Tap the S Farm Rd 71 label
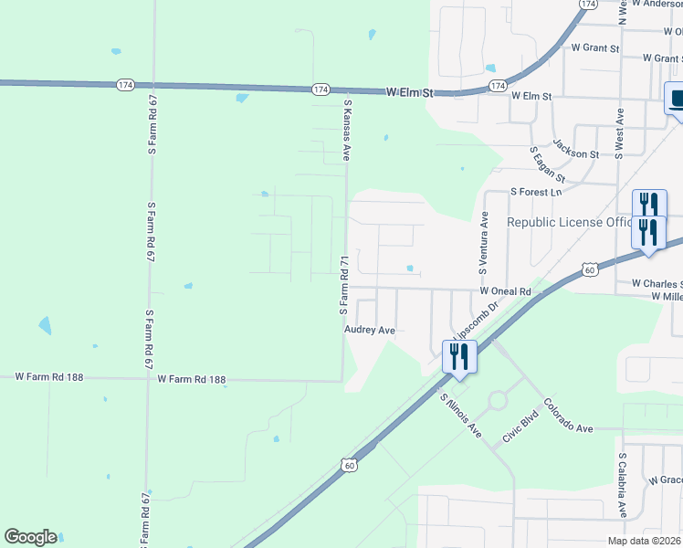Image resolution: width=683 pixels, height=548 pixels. pyautogui.click(x=344, y=286)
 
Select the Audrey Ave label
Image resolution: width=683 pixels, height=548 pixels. pyautogui.click(x=369, y=330)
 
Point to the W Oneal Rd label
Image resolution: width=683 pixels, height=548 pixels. pyautogui.click(x=506, y=290)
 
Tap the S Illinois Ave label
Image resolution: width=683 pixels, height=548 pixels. pyautogui.click(x=459, y=413)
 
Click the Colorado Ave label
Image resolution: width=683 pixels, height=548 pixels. pyautogui.click(x=569, y=416)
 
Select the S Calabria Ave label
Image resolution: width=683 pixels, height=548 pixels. pyautogui.click(x=622, y=485)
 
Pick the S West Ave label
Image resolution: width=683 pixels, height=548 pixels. pyautogui.click(x=619, y=134)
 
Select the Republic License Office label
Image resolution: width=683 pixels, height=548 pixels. pyautogui.click(x=569, y=222)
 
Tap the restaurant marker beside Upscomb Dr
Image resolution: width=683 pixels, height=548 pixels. pyautogui.click(x=459, y=355)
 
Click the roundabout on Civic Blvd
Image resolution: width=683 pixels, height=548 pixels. pyautogui.click(x=499, y=400)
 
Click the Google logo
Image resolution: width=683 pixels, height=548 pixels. pyautogui.click(x=30, y=537)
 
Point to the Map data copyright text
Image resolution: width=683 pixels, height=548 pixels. pyautogui.click(x=645, y=541)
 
